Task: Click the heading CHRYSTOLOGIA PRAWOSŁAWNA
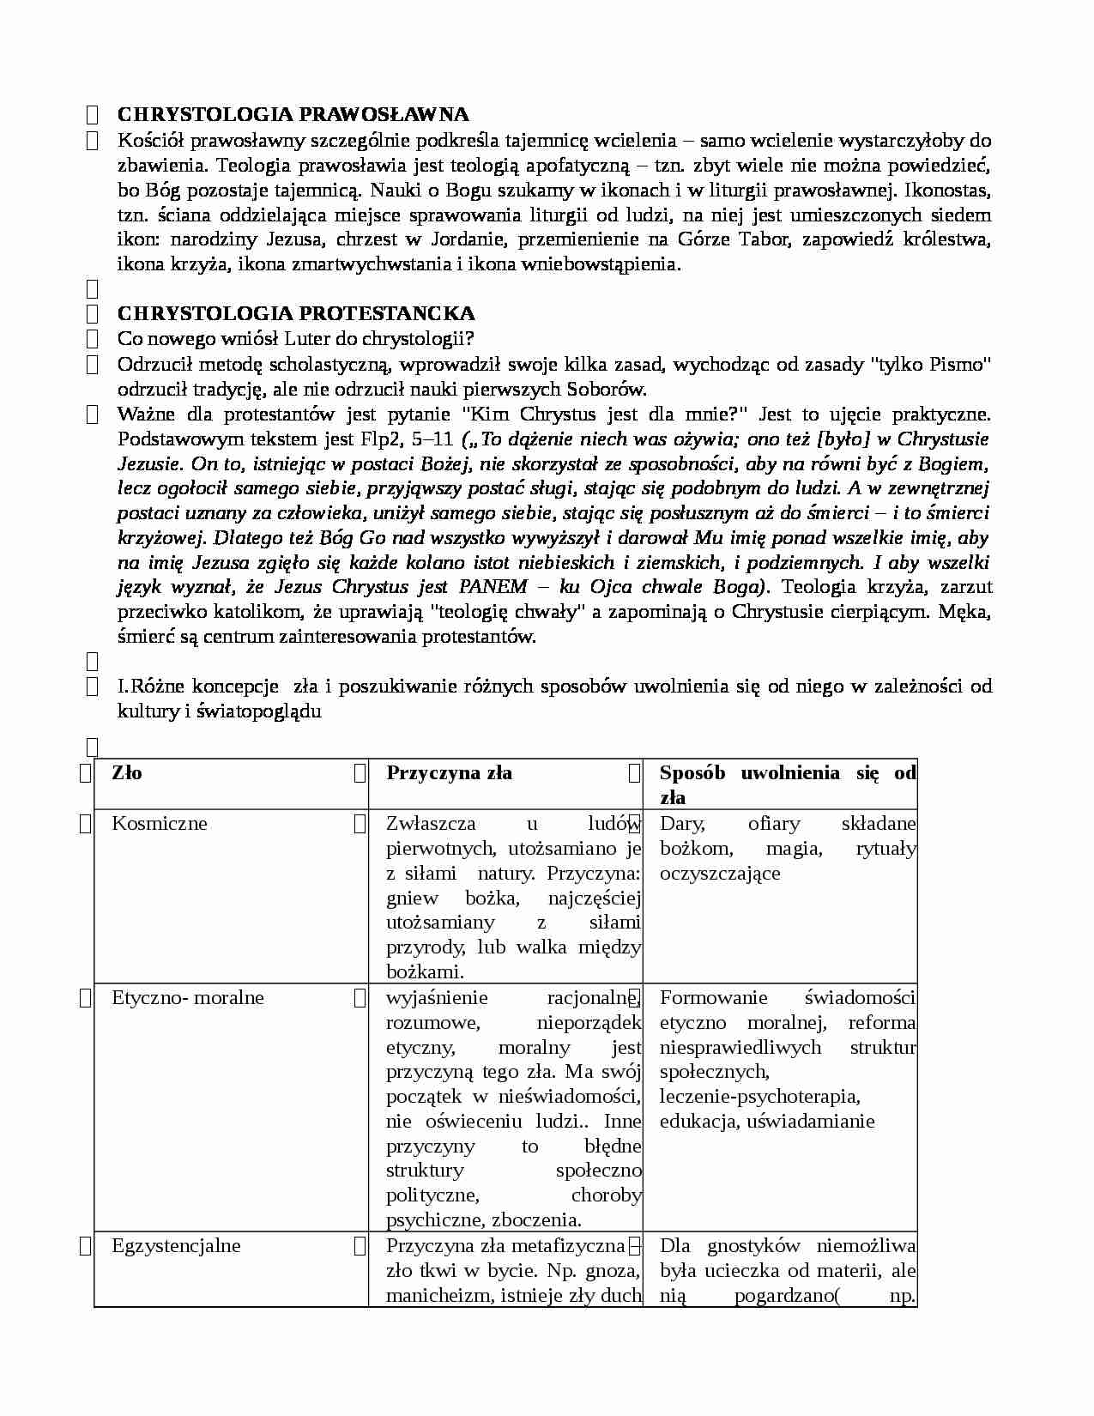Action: tap(293, 114)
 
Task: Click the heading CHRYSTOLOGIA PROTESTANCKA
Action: tap(295, 313)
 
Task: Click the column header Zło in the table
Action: tap(127, 772)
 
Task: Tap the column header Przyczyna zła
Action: tap(449, 772)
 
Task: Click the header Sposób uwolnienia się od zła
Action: tap(787, 784)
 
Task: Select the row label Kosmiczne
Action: tap(160, 823)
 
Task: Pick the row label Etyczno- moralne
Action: tap(187, 997)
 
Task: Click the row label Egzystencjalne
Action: tap(176, 1245)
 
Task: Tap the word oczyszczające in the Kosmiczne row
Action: tap(720, 873)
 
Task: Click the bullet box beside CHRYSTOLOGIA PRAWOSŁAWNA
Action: tap(92, 115)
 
